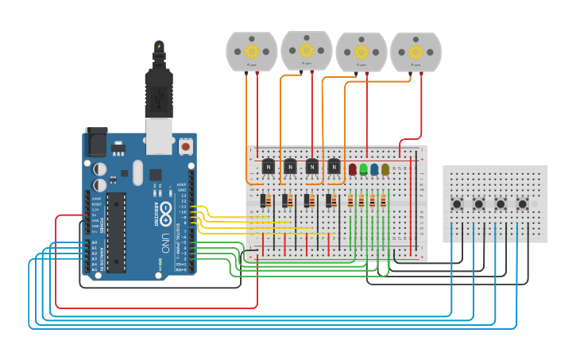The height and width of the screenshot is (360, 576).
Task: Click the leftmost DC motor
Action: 252,52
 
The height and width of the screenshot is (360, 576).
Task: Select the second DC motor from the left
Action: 307,50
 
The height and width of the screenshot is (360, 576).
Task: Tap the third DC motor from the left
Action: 361,52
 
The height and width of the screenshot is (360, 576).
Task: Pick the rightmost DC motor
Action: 416,52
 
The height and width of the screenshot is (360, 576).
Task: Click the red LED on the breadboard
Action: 353,168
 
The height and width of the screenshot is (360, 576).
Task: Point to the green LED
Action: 363,168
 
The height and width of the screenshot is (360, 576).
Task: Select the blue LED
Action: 374,168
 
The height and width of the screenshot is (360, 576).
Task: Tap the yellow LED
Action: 385,168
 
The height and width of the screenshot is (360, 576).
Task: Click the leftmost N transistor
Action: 269,166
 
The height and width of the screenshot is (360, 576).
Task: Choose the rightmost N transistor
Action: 334,166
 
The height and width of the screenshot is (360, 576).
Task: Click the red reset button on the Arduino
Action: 186,146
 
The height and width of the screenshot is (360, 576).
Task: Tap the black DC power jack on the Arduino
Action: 96,143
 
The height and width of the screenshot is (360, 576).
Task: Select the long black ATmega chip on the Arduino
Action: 116,231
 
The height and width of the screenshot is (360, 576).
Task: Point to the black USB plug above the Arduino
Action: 159,91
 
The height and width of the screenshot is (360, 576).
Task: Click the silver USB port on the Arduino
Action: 159,137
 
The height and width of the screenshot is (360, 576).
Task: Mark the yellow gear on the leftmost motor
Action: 252,52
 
